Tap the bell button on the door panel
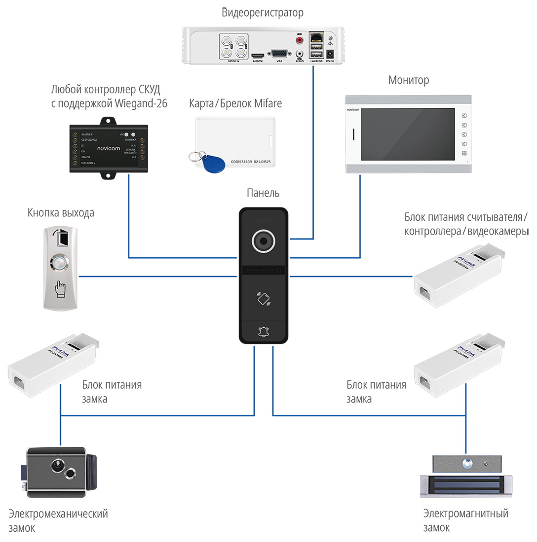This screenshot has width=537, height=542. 264,332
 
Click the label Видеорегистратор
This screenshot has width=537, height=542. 263,13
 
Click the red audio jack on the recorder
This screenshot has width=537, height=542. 299,39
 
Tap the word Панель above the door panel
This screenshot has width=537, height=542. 263,193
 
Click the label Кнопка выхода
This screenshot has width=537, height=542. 61,213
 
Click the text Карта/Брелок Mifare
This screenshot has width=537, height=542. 235,104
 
